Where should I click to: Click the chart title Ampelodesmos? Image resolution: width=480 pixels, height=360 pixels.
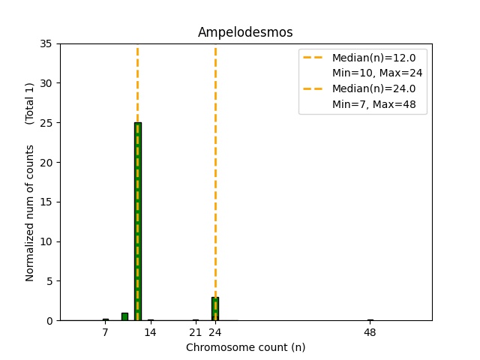click(x=245, y=32)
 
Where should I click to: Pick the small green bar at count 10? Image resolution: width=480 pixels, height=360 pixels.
click(x=124, y=316)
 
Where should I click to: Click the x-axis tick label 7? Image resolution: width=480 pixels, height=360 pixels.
click(x=105, y=332)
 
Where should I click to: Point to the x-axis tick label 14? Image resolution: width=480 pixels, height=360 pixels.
click(x=150, y=332)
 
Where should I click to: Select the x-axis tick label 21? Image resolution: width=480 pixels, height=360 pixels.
click(x=196, y=332)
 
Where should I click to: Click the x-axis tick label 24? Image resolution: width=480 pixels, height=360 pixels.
click(x=215, y=332)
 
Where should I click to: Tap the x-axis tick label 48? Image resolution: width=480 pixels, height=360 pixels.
click(x=370, y=332)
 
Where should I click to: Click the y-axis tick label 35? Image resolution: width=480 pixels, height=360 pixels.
click(x=46, y=43)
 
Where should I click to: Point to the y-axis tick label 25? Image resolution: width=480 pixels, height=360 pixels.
click(x=46, y=123)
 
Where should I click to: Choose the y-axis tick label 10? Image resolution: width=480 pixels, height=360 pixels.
click(x=46, y=241)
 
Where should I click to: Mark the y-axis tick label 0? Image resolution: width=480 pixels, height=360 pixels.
click(x=49, y=321)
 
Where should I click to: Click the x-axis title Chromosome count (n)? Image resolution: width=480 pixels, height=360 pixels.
click(x=245, y=347)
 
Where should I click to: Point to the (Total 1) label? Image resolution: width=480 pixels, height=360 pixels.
click(x=30, y=103)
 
